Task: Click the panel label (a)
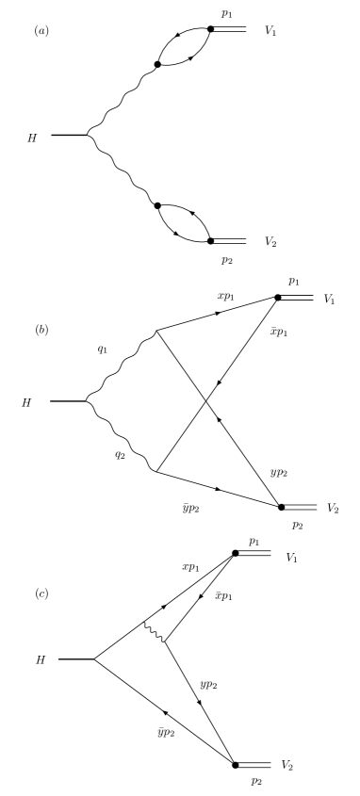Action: (x=41, y=31)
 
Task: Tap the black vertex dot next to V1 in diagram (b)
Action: (x=277, y=297)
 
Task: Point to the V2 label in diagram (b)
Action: (x=332, y=508)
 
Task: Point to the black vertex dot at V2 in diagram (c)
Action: (x=236, y=765)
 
